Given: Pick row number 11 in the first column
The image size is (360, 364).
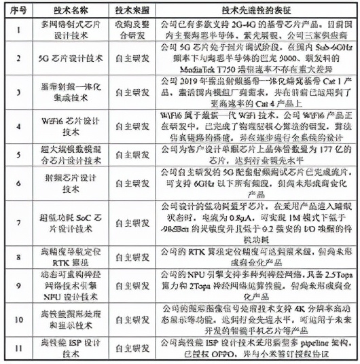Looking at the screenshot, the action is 18,349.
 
